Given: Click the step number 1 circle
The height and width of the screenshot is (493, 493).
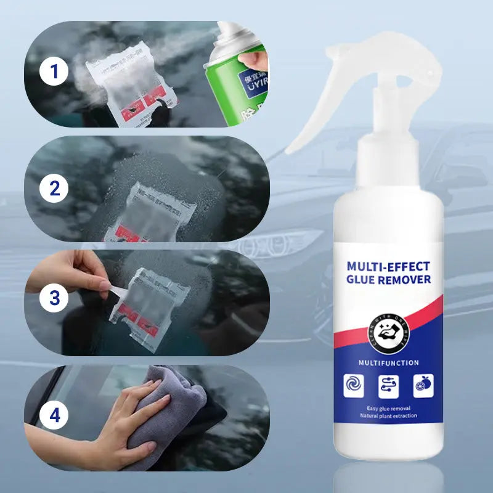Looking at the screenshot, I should [54, 73].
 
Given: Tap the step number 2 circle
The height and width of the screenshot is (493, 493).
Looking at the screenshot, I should [54, 189].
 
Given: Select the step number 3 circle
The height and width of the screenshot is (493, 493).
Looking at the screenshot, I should [54, 298].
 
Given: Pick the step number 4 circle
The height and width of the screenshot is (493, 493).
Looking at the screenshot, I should [54, 415].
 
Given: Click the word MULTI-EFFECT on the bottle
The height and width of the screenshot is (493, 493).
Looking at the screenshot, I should [388, 266].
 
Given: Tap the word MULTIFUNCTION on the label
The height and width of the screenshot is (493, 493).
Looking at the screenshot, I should [388, 363].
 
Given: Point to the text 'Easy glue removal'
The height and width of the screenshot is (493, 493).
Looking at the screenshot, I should [388, 409].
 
